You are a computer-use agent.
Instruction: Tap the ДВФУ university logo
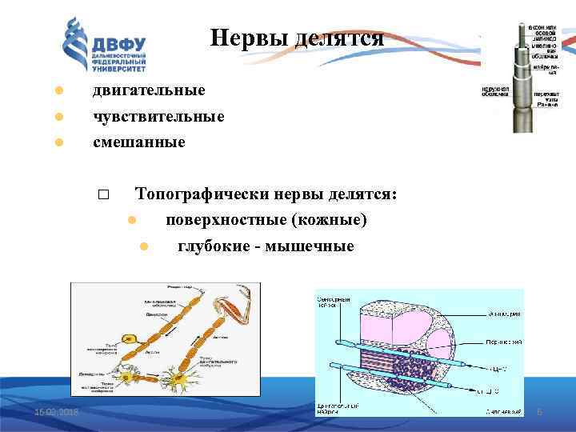[x=105, y=47]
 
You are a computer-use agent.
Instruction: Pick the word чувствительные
[x=158, y=117]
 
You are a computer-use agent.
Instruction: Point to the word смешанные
[x=138, y=142]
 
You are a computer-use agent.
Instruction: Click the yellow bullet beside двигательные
[x=58, y=90]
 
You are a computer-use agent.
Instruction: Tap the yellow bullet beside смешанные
[x=58, y=143]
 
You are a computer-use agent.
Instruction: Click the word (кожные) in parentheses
[x=330, y=220]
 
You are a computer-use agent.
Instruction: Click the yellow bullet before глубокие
[x=144, y=246]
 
